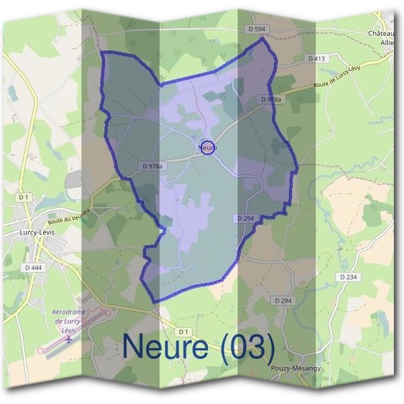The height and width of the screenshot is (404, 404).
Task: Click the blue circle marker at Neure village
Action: click(208, 147)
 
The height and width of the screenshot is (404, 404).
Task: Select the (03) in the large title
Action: click(246, 347)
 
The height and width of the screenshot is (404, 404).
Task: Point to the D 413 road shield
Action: click(316, 59)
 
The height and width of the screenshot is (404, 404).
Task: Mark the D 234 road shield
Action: click(347, 277)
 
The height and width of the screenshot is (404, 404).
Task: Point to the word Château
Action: click(381, 33)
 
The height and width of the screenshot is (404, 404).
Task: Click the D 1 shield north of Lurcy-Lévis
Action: click(24, 197)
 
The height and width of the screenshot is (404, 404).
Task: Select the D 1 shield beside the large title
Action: click(183, 331)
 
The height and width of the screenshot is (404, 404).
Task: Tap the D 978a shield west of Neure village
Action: click(153, 166)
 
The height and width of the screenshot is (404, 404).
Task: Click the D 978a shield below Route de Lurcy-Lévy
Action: click(271, 99)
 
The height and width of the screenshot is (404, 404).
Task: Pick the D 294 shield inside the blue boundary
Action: click(245, 218)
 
